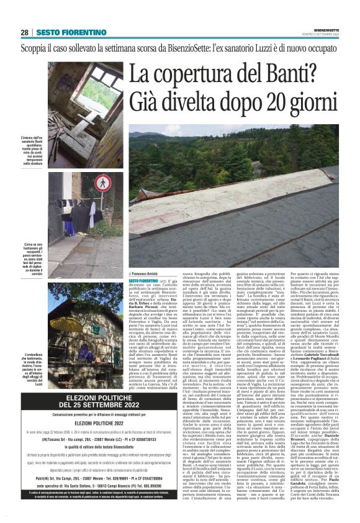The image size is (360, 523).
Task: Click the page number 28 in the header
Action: pos(24,32)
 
